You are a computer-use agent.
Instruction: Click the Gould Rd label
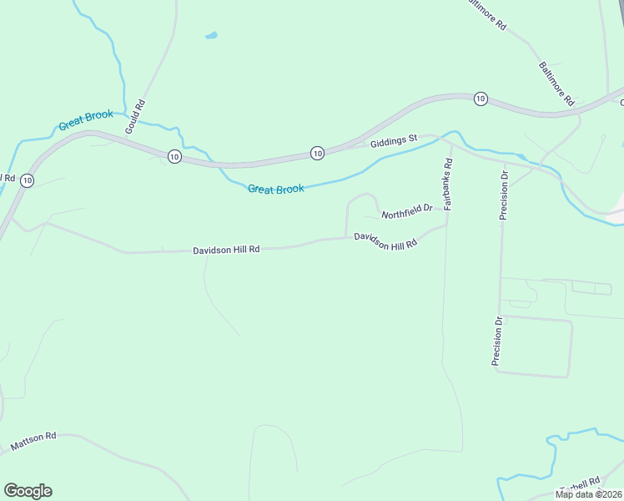[134, 117]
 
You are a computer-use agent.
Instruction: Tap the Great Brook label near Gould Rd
[86, 120]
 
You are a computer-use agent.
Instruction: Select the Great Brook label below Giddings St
[276, 190]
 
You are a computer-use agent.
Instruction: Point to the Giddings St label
[394, 142]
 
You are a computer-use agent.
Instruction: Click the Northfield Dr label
[407, 212]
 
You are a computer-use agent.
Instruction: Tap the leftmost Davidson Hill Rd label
[226, 250]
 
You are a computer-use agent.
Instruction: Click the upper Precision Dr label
[504, 195]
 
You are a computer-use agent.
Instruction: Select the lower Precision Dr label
[497, 341]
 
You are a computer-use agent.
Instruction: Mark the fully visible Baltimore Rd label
[556, 83]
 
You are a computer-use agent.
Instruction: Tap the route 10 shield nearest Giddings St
[317, 153]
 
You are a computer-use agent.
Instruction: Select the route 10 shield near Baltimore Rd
[480, 99]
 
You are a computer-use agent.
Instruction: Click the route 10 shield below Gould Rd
[173, 156]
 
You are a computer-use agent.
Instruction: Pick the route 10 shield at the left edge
[28, 180]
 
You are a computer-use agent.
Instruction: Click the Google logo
[28, 491]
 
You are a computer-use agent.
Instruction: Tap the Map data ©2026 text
[588, 494]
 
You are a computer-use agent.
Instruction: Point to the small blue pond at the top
[211, 36]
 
